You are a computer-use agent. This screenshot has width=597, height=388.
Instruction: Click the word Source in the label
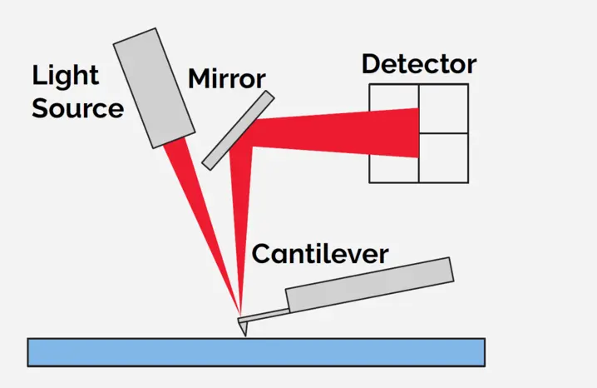77,108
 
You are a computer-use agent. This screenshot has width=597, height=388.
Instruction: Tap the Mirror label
226,79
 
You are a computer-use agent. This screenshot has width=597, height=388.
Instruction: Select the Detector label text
419,64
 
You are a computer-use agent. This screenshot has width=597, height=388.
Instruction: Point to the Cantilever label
320,253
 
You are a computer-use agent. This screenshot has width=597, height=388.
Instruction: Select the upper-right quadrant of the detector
443,108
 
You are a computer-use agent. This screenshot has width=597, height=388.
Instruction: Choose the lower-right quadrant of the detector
443,157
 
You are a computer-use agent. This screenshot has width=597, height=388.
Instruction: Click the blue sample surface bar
256,351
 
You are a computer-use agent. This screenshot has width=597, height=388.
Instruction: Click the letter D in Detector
372,65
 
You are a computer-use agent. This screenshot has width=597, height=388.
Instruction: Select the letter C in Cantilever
261,254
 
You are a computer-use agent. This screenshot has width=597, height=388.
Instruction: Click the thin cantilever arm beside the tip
264,315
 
